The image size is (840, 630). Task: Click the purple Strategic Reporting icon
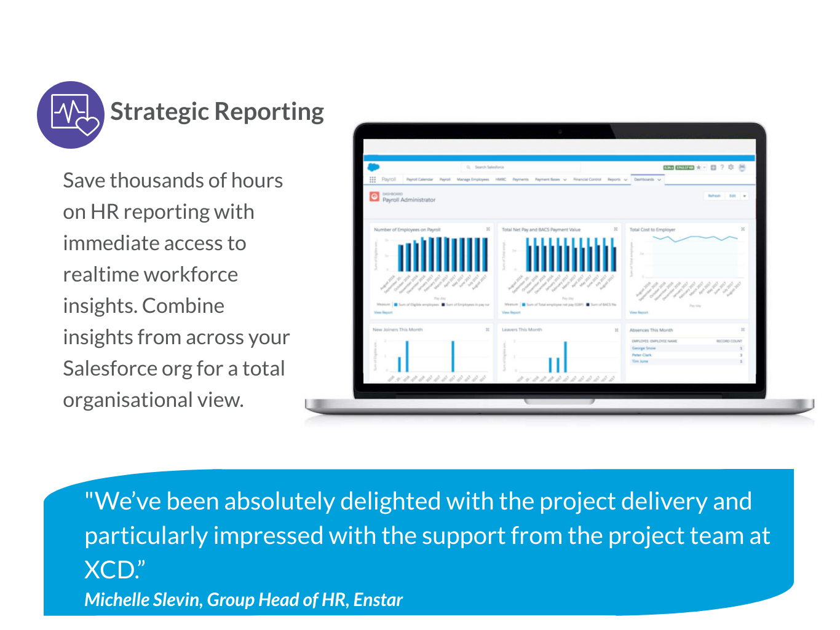70,114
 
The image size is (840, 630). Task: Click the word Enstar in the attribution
378,600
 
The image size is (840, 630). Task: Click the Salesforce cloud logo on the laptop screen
373,167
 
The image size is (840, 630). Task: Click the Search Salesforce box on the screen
520,167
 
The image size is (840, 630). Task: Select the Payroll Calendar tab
419,179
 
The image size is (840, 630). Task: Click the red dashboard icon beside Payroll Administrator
374,197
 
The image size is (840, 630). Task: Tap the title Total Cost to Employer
652,230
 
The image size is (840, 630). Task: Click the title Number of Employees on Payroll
407,230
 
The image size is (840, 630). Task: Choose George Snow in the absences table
644,348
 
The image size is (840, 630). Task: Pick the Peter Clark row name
642,355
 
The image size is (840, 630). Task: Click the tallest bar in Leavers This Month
566,356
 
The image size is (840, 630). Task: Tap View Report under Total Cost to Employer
638,312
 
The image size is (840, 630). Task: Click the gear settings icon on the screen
731,167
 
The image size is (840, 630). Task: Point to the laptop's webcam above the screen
560,132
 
